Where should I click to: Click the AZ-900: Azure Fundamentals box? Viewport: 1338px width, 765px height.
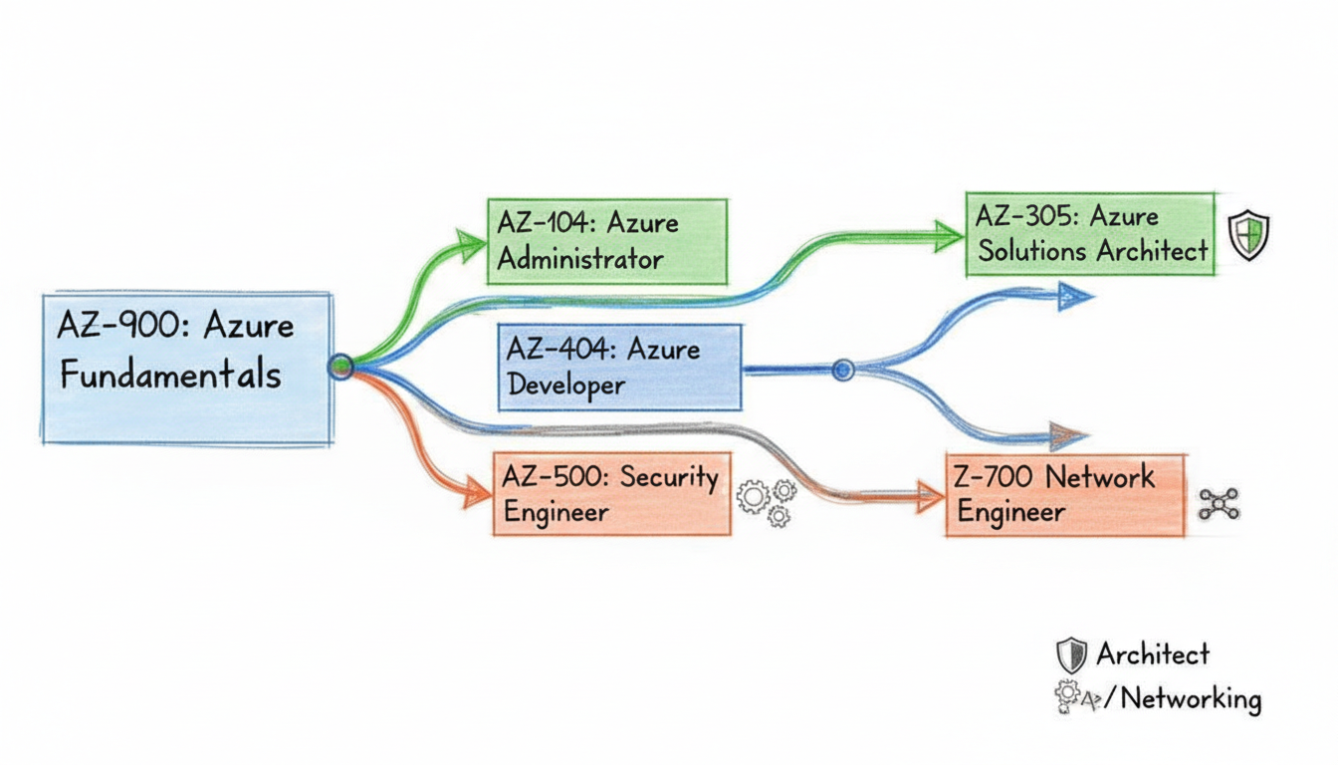[x=186, y=368]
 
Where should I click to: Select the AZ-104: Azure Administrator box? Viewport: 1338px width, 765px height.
[x=607, y=242]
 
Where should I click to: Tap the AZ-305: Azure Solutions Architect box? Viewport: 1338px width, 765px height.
[x=1090, y=235]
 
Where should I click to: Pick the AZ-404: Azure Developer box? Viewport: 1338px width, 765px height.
[x=620, y=368]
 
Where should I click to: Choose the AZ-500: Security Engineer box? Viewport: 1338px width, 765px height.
[x=611, y=494]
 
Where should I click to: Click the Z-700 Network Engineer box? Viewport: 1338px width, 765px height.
[x=1064, y=495]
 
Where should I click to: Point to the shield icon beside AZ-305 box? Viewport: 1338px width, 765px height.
[x=1248, y=236]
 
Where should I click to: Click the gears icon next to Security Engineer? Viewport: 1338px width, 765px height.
[x=767, y=501]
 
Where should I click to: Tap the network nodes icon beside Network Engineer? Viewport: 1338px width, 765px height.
[x=1218, y=504]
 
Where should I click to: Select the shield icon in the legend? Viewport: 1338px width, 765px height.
[x=1071, y=655]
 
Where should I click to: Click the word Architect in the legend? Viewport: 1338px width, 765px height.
[x=1153, y=654]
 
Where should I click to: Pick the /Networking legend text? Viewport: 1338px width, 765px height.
[x=1186, y=699]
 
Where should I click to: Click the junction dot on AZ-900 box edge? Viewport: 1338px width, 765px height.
[x=340, y=367]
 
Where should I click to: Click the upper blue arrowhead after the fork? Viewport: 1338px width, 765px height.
[x=1075, y=295]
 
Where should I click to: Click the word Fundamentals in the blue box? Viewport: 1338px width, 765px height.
[x=170, y=376]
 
